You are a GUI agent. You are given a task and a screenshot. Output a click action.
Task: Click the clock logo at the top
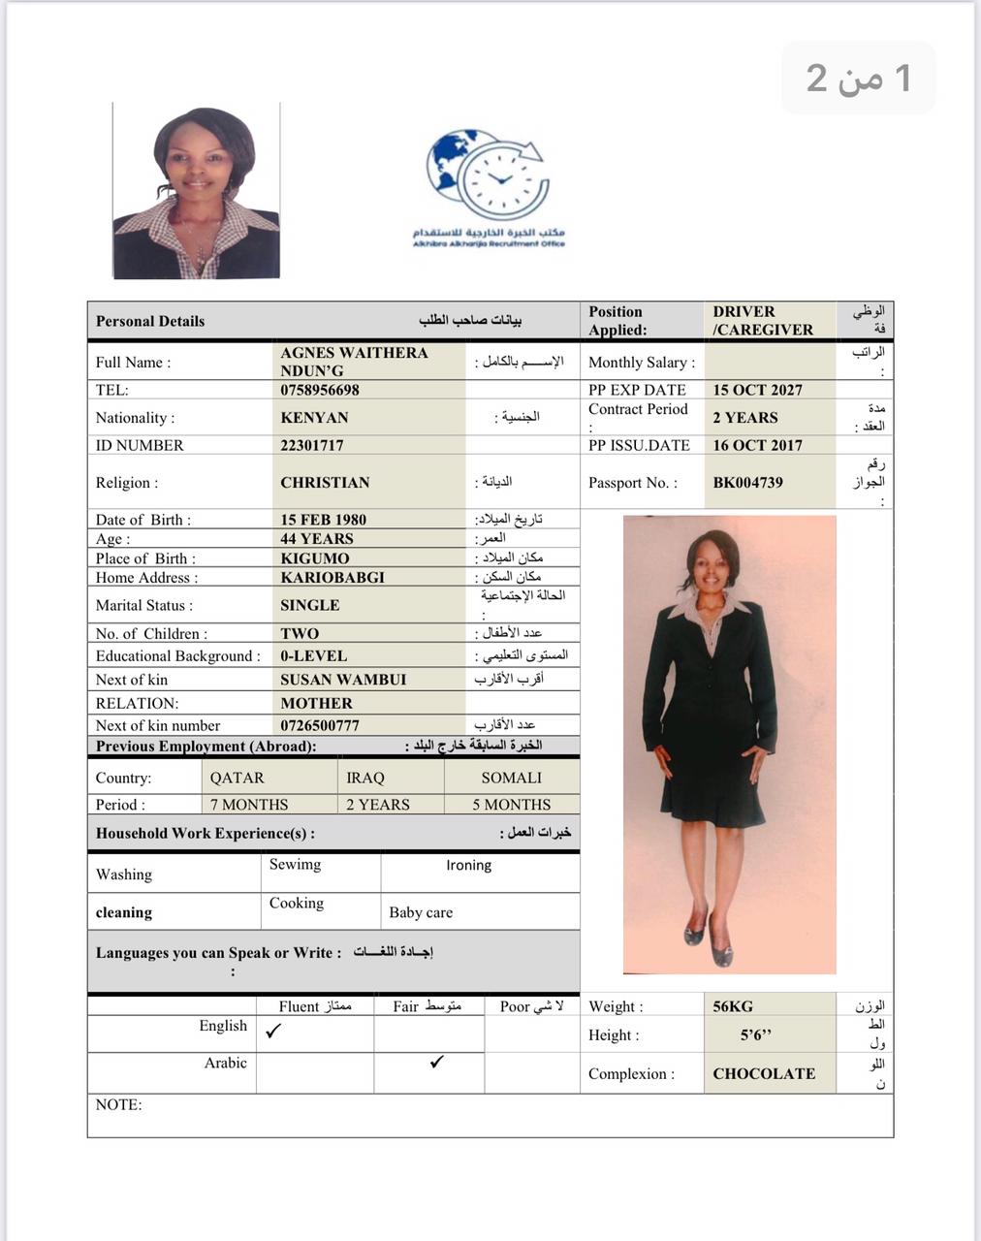(489, 177)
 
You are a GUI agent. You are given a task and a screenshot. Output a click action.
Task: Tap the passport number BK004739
(747, 483)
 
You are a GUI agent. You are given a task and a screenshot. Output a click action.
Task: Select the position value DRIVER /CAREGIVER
(763, 321)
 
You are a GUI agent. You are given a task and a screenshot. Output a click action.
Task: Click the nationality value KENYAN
(314, 418)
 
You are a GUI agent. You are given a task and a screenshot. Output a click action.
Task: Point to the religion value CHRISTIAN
(325, 483)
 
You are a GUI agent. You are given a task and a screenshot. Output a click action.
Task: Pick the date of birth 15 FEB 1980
(323, 520)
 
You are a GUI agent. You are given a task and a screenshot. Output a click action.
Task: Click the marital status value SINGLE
(310, 605)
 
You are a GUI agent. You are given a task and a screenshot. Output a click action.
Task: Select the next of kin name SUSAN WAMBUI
(343, 680)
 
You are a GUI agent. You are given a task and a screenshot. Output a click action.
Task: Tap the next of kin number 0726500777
(320, 725)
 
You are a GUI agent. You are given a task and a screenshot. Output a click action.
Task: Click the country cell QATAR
(237, 778)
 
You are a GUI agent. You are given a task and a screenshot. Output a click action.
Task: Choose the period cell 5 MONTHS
(511, 805)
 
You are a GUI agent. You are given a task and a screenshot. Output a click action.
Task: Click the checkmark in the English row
(273, 1032)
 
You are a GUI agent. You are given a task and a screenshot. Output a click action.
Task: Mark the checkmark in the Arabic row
(437, 1062)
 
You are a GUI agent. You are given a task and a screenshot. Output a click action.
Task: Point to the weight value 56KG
(733, 1006)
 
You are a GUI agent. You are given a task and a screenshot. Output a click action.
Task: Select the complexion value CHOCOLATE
(764, 1073)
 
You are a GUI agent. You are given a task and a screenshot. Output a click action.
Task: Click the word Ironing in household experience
(468, 865)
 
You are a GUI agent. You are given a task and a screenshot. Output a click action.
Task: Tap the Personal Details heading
(150, 321)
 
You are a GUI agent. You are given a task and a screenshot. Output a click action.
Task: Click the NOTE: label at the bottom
(118, 1104)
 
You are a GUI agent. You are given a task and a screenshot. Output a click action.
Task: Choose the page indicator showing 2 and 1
(859, 78)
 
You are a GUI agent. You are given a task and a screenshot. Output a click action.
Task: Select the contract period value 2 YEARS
(745, 418)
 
